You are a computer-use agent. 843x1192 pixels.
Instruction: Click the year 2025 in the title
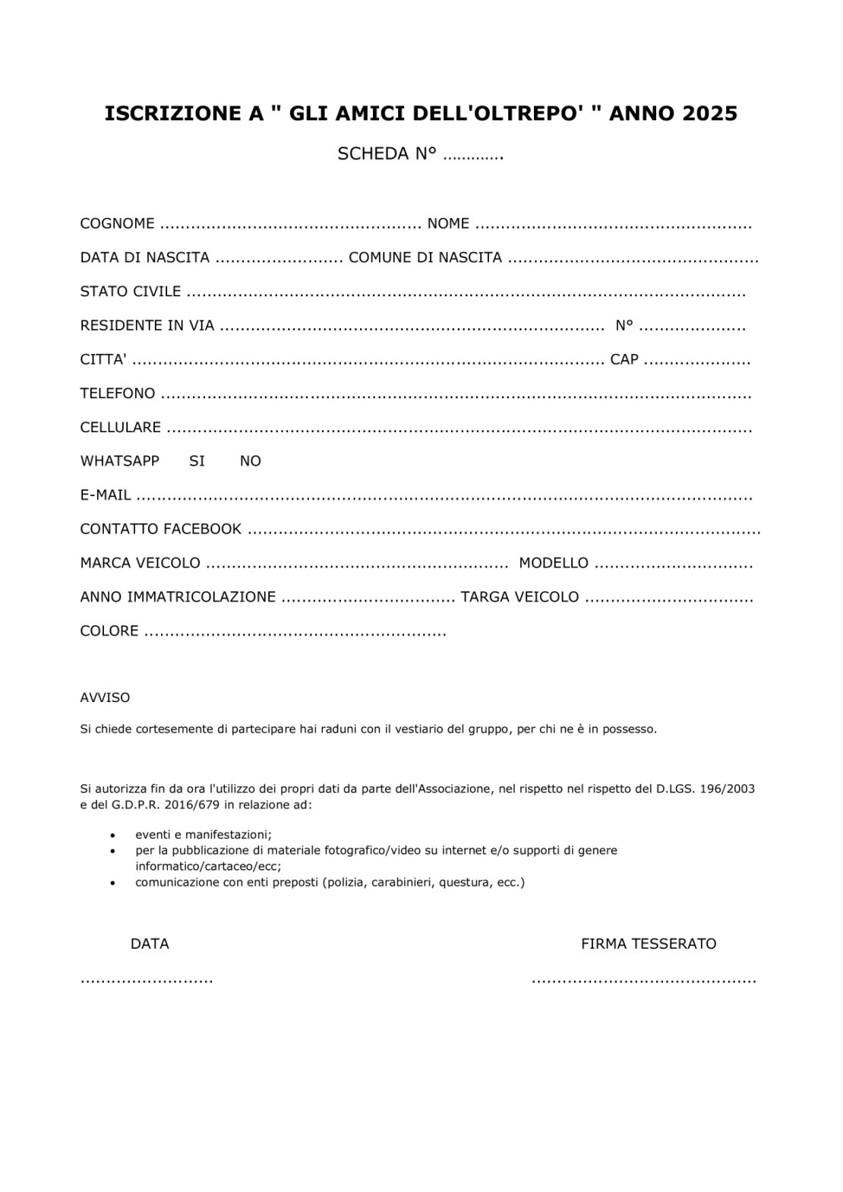click(x=709, y=114)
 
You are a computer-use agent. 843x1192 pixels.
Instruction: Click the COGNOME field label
click(x=117, y=223)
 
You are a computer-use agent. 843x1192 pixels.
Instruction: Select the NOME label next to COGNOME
click(x=448, y=223)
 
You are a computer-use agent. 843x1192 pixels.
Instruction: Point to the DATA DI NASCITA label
click(x=144, y=258)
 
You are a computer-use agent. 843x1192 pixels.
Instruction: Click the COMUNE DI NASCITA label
click(x=425, y=258)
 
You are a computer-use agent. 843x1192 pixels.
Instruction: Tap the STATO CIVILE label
click(x=131, y=291)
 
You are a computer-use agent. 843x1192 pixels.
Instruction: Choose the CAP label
click(x=624, y=359)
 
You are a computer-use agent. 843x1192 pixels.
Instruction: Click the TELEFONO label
click(x=118, y=394)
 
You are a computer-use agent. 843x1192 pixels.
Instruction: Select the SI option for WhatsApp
click(x=197, y=461)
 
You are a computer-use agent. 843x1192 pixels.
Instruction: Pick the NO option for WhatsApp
click(x=250, y=461)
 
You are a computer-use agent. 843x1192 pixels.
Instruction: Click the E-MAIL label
click(x=106, y=495)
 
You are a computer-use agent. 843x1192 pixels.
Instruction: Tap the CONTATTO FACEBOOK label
click(x=161, y=529)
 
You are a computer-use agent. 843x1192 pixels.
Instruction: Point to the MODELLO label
click(x=554, y=563)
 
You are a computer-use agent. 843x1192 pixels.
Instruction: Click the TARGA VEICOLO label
click(x=519, y=597)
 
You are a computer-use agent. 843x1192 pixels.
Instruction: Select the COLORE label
click(x=109, y=631)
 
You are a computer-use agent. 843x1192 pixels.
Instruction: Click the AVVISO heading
click(x=105, y=697)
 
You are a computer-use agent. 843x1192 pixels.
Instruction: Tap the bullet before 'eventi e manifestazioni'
click(x=113, y=834)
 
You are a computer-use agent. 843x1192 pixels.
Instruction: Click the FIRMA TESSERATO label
click(x=649, y=944)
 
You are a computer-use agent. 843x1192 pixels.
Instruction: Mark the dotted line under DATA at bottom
click(x=147, y=980)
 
